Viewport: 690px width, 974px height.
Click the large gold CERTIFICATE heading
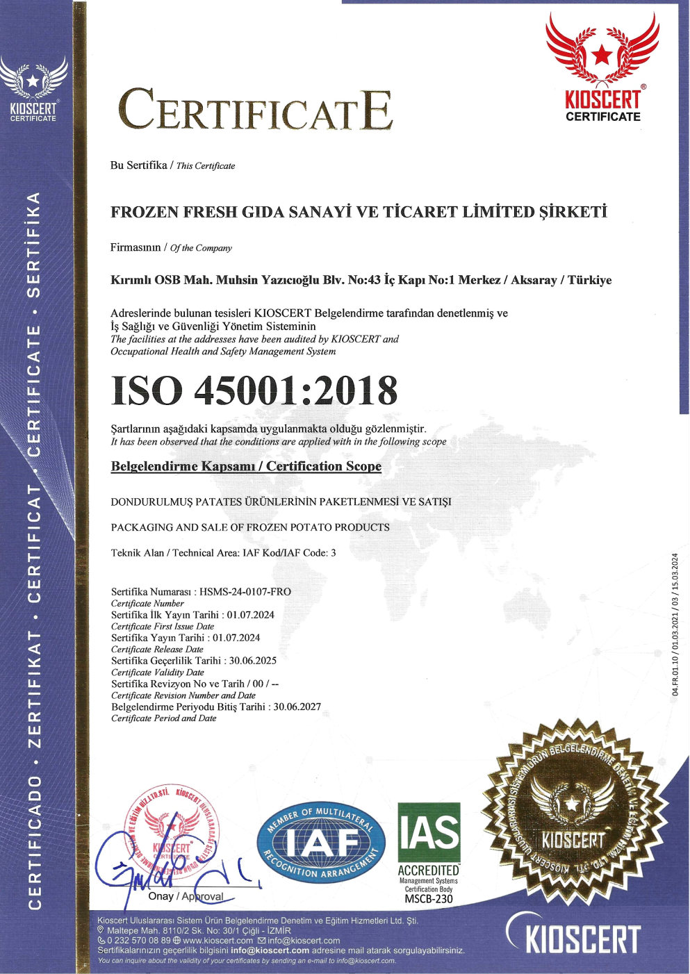point(255,110)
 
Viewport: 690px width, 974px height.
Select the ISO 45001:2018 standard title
point(254,390)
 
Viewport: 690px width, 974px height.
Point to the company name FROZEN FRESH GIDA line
point(359,213)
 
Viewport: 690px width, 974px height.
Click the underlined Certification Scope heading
point(246,466)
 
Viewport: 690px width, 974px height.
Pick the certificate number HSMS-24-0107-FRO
point(245,592)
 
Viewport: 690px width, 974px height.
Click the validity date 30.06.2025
point(258,661)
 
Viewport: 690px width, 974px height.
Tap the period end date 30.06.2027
point(297,707)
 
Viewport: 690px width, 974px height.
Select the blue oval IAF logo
point(321,843)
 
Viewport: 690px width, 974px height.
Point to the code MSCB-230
point(429,899)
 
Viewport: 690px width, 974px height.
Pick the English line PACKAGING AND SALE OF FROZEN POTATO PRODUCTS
point(250,527)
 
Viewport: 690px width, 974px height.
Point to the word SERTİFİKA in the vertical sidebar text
point(33,243)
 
